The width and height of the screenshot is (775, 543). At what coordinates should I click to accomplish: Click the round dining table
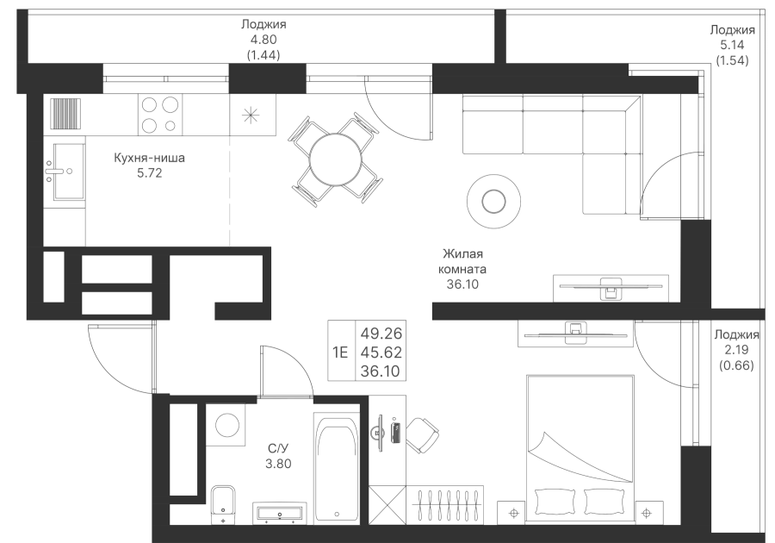coord(336,159)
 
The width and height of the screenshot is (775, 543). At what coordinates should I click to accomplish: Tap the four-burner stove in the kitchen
coord(159,115)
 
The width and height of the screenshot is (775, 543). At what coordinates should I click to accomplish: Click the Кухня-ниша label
coord(149,158)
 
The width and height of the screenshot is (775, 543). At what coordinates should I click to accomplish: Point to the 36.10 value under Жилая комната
coord(462,284)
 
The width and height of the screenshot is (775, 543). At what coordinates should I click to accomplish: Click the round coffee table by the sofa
coord(493,202)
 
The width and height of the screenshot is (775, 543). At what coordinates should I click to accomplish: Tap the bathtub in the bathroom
coord(337,467)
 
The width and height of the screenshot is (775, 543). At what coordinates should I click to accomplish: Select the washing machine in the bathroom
coord(226,425)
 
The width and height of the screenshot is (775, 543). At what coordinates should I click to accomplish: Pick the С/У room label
coord(278,448)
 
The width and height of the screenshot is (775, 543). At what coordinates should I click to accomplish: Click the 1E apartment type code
coord(340,353)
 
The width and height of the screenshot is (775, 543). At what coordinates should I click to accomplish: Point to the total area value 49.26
coord(381,334)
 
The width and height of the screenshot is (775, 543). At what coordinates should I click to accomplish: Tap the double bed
coord(580,448)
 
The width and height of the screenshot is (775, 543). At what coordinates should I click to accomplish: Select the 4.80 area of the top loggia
coord(263,40)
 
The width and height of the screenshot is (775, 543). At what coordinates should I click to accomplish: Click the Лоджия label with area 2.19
coord(736,334)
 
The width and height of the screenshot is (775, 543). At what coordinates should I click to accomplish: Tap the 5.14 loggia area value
coord(732,45)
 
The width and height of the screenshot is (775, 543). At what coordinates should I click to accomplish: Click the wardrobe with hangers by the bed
coord(445,504)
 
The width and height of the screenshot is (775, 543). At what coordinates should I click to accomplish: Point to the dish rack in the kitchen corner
coord(65,114)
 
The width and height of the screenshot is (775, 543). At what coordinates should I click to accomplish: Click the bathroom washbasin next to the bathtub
coord(279,513)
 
